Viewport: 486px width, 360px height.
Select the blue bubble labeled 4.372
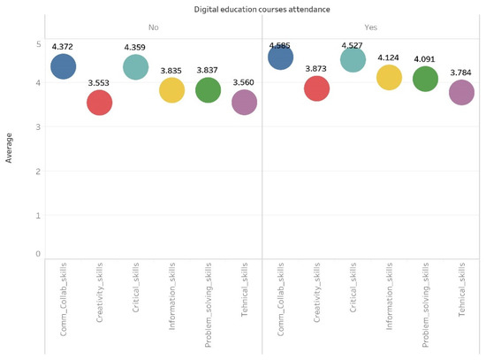[x=64, y=65]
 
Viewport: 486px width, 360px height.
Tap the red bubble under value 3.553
[x=100, y=103]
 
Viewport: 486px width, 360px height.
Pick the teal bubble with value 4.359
[x=135, y=66]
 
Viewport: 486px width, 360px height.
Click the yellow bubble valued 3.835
[x=171, y=89]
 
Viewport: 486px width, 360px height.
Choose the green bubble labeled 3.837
[x=208, y=89]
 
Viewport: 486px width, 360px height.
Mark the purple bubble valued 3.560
[x=244, y=102]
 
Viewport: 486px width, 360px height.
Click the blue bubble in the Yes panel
[x=280, y=57]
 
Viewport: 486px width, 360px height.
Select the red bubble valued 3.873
[x=316, y=88]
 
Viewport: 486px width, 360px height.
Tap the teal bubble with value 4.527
[x=353, y=59]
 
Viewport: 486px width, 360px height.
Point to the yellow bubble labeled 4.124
[x=389, y=78]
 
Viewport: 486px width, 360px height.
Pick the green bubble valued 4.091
[x=425, y=79]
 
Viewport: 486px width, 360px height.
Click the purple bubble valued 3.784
[x=461, y=92]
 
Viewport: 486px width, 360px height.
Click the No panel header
[x=154, y=27]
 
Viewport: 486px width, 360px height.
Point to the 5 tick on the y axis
[x=38, y=43]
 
